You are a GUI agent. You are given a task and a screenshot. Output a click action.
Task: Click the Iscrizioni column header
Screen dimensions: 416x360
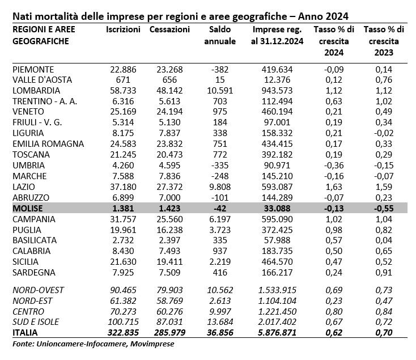(123, 29)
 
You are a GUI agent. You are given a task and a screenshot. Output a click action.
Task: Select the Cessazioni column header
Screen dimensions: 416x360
(169, 29)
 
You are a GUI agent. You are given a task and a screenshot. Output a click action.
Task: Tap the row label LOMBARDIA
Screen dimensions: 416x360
(36, 91)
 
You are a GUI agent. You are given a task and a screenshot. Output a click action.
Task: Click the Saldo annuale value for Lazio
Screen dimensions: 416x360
(220, 187)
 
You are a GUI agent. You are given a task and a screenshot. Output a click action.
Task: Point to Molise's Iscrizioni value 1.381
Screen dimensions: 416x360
(123, 208)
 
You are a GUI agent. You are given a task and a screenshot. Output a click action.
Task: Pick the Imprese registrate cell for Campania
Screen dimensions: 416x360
(277, 219)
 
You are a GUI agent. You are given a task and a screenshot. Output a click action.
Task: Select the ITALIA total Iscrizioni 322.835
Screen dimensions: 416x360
(123, 332)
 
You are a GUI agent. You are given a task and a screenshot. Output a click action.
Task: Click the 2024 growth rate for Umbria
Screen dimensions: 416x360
(334, 166)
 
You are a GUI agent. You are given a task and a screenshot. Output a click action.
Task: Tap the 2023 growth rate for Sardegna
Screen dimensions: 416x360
(384, 273)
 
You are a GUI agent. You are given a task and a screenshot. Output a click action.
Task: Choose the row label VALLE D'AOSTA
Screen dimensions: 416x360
(42, 79)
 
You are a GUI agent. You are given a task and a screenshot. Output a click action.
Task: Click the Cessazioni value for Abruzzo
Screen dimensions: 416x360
(169, 198)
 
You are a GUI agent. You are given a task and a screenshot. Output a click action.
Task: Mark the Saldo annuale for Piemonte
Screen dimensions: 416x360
(220, 70)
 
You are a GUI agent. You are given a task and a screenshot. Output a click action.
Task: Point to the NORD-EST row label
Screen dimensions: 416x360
(32, 301)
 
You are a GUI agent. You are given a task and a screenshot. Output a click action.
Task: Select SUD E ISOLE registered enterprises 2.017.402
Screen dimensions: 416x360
(277, 322)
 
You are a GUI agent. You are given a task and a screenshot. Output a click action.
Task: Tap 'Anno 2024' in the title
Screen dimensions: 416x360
(323, 16)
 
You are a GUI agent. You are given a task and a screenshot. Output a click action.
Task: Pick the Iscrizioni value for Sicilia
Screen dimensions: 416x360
(123, 261)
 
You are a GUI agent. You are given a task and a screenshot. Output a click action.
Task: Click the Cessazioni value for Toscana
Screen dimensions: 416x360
(169, 154)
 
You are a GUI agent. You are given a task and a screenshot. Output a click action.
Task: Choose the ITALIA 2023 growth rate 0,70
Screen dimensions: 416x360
(384, 332)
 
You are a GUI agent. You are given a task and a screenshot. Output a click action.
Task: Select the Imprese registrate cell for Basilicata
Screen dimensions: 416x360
(277, 240)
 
